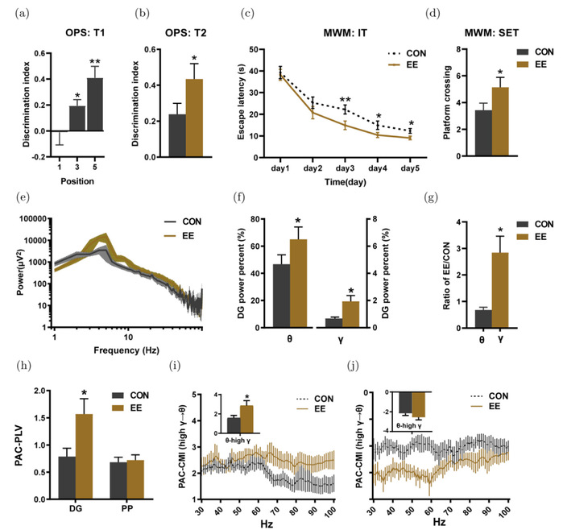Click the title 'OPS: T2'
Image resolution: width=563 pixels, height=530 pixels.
[x=181, y=37]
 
